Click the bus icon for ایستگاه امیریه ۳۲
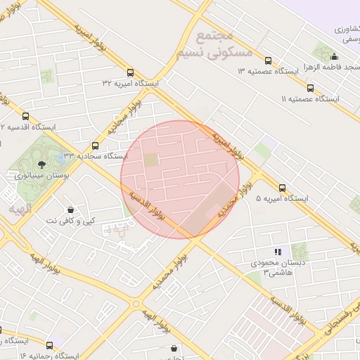click(x=130, y=72)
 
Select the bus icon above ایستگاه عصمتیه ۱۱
click(x=310, y=89)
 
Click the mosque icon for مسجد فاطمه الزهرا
click(x=334, y=57)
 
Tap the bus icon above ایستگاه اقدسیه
click(x=26, y=117)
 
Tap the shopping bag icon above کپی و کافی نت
click(x=70, y=210)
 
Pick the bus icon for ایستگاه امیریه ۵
click(x=283, y=188)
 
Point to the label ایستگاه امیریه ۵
click(x=283, y=200)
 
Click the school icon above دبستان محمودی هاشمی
click(x=278, y=251)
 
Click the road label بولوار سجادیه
click(x=124, y=117)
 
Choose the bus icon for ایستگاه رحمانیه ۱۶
click(x=49, y=345)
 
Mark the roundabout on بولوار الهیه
click(x=136, y=304)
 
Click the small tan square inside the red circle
click(x=152, y=160)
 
